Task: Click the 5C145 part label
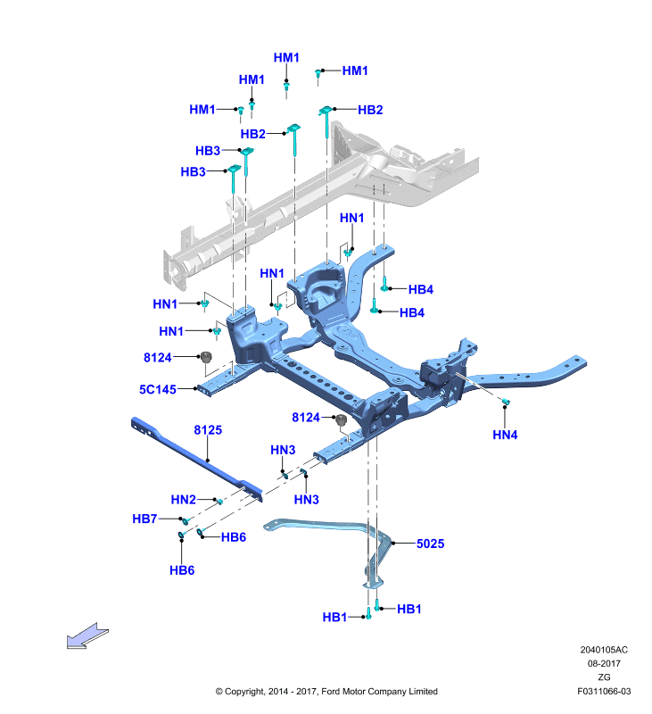point(158,389)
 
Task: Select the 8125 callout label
point(208,430)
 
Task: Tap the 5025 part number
point(431,544)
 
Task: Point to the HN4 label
point(505,435)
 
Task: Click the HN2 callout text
point(184,500)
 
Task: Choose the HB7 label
point(144,519)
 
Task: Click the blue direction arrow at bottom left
point(87,635)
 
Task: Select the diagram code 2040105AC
point(604,650)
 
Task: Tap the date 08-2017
point(604,663)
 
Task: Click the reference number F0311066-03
point(604,691)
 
